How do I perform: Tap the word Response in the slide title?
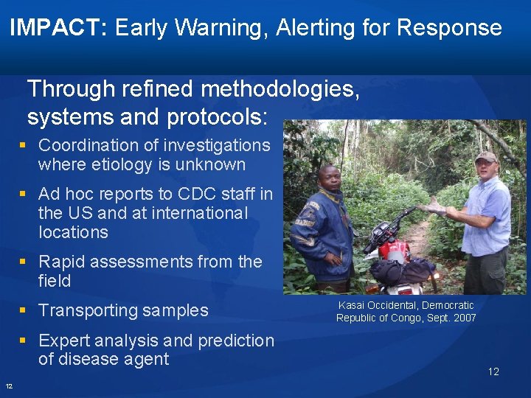pos(449,29)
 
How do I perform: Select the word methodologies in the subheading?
pos(280,89)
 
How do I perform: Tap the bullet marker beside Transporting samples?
pos(24,310)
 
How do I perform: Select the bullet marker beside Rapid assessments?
pos(24,262)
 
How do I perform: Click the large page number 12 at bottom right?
pos(493,371)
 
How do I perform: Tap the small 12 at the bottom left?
pos(9,386)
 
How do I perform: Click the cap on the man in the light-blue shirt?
pos(485,156)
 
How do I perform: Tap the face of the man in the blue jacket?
pos(330,178)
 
